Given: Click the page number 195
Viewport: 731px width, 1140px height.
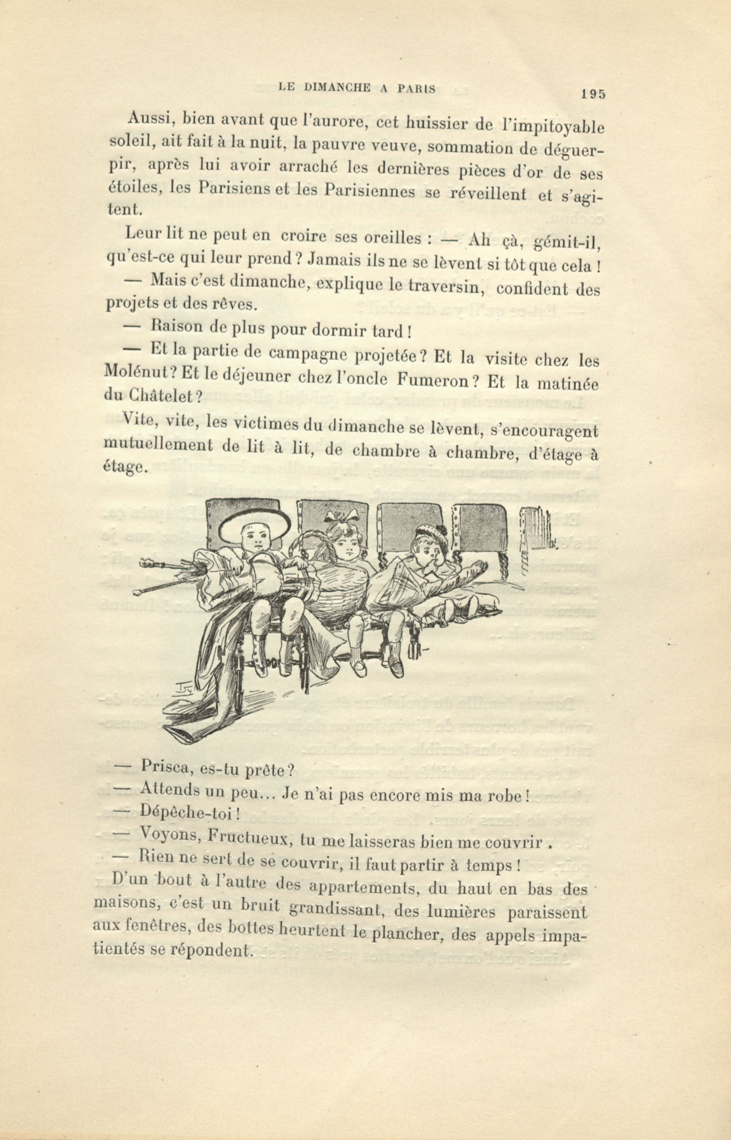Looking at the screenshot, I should tap(593, 94).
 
